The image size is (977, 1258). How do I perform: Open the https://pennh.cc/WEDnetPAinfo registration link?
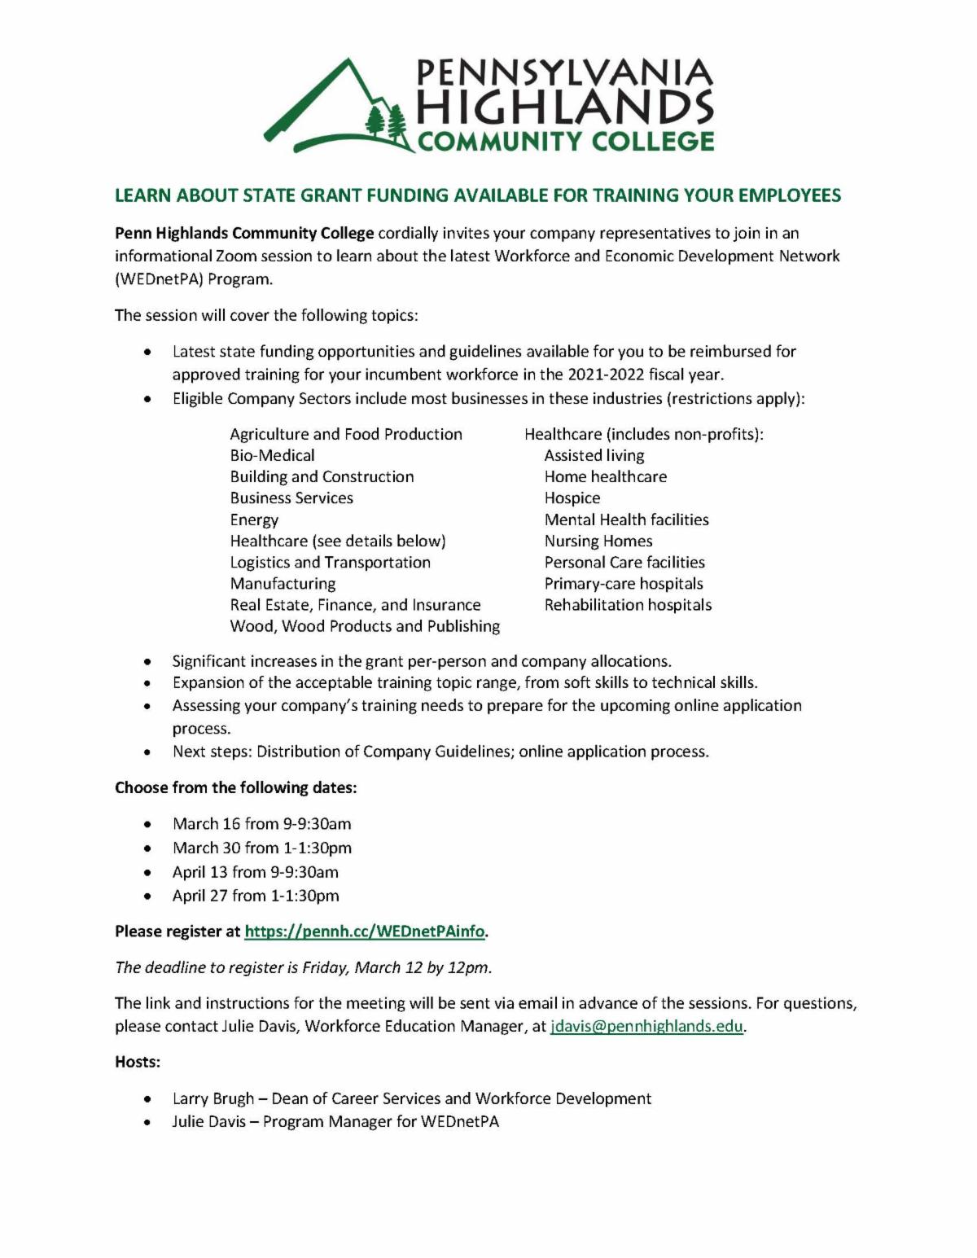coord(365,931)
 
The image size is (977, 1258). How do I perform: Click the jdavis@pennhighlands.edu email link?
coord(646,1026)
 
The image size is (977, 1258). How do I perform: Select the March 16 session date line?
coord(261,824)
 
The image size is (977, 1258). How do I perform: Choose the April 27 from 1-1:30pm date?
coord(256,896)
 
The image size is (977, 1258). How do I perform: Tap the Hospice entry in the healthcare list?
coord(572,498)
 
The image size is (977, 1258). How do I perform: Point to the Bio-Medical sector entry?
coord(272,456)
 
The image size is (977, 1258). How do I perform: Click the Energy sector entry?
coord(254,519)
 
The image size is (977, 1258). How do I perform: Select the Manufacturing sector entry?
coord(283,584)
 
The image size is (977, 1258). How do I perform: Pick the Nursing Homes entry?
coord(598,541)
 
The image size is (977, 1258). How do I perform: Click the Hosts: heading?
coord(138,1063)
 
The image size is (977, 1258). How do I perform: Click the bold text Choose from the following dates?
coord(236,788)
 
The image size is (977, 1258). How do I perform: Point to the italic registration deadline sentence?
coord(303,967)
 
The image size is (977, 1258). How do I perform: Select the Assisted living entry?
coord(594,456)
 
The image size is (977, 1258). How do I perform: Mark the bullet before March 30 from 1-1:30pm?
coord(147,848)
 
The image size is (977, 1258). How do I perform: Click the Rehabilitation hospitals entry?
coord(628,605)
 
